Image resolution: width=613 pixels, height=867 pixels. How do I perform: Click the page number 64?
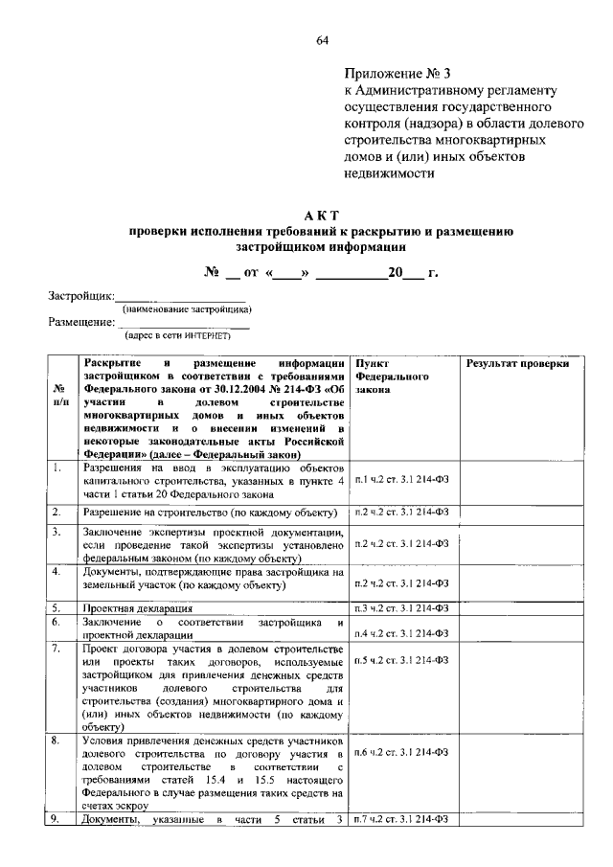pyautogui.click(x=323, y=39)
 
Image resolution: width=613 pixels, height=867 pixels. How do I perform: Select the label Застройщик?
pyautogui.click(x=81, y=296)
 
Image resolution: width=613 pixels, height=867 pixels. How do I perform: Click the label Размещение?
pyautogui.click(x=81, y=322)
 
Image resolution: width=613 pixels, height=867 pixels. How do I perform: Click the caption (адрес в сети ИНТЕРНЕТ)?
pyautogui.click(x=177, y=336)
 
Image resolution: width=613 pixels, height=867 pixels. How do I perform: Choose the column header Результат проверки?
pyautogui.click(x=518, y=364)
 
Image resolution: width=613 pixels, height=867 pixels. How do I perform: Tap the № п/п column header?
pyautogui.click(x=59, y=398)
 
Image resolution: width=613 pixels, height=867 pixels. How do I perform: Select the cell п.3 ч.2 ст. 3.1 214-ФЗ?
pyautogui.click(x=401, y=607)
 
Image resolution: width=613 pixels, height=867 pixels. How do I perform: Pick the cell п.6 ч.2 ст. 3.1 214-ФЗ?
pyautogui.click(x=401, y=753)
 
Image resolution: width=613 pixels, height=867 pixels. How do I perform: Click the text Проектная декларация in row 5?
pyautogui.click(x=137, y=608)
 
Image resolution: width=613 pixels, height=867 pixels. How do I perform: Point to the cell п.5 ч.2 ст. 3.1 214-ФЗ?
pyautogui.click(x=401, y=660)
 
